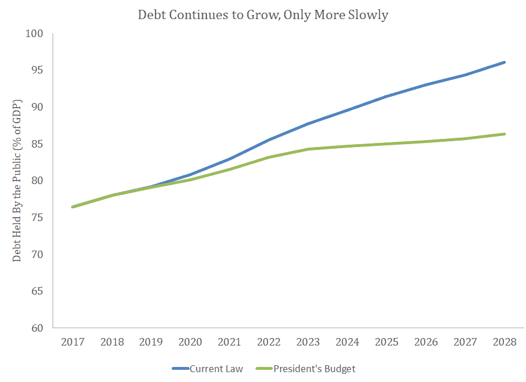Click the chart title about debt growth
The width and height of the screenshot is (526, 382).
(x=263, y=15)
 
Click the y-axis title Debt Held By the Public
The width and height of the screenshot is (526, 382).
(x=17, y=181)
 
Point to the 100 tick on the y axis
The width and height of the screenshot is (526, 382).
(x=36, y=34)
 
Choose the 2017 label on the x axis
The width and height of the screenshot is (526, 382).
(x=72, y=342)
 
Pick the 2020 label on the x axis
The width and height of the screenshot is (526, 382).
(x=190, y=342)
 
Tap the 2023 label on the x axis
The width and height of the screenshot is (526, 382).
(x=308, y=342)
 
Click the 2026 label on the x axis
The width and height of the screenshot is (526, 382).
(x=426, y=342)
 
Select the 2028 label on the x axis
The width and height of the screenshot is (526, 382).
(x=505, y=342)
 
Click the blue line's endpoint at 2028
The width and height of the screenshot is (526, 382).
(x=505, y=62)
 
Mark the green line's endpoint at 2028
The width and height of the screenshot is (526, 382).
(x=505, y=134)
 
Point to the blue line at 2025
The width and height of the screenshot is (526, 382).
(x=387, y=96)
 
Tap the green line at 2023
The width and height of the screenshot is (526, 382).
(x=308, y=149)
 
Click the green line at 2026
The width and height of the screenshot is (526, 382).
(x=426, y=141)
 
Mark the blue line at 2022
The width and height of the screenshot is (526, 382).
(x=269, y=139)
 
